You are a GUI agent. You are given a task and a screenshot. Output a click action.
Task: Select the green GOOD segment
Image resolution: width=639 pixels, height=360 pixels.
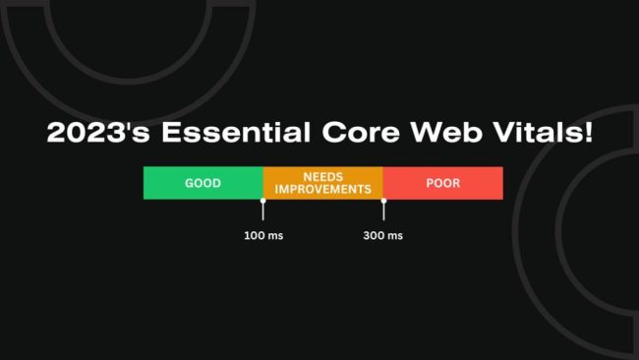tap(203, 183)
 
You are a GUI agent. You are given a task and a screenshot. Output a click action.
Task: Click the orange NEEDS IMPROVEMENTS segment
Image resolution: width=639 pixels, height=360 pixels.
tap(322, 183)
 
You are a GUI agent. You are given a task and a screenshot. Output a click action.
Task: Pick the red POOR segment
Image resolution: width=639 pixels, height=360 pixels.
tap(442, 183)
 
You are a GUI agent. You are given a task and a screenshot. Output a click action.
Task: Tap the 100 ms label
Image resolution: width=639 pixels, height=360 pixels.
tap(262, 236)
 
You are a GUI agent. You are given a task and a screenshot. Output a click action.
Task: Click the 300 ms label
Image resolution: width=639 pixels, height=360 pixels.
tap(383, 236)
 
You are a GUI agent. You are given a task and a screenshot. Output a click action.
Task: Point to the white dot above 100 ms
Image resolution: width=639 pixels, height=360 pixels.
tap(262, 201)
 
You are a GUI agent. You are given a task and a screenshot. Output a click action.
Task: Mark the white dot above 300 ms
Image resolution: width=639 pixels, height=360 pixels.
tap(383, 201)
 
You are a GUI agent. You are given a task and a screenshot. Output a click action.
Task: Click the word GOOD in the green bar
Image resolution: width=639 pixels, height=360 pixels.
tap(203, 183)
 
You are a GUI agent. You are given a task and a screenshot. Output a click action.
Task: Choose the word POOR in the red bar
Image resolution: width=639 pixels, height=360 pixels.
tap(442, 183)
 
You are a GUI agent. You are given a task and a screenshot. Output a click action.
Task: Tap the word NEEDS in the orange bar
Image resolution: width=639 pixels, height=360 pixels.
tap(322, 176)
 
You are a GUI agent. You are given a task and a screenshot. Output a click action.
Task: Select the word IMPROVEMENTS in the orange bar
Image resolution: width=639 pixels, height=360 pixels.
tap(322, 189)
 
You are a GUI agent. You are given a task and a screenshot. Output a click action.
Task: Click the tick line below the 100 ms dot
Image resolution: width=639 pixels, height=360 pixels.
tap(262, 212)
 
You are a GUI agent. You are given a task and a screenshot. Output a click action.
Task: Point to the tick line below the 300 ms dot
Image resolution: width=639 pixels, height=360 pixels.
tap(383, 212)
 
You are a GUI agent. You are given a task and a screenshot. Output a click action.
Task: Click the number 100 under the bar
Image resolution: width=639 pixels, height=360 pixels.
tap(254, 236)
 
